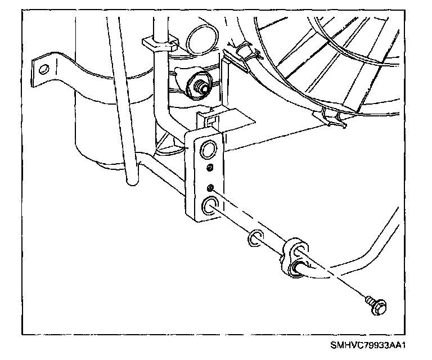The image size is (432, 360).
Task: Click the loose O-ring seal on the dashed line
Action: pos(254,238)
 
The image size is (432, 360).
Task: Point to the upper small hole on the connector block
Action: pos(209,168)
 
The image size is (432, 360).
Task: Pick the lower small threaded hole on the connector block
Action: pos(209,187)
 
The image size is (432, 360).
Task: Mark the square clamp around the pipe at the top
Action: pos(160,43)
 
